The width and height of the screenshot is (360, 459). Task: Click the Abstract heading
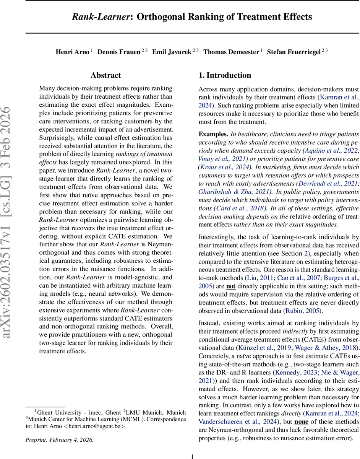tap(105, 75)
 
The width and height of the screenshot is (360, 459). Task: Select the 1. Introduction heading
tap(225, 75)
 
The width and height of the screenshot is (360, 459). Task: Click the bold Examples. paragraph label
tap(212, 134)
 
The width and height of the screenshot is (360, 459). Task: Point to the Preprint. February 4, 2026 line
tap(59, 439)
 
